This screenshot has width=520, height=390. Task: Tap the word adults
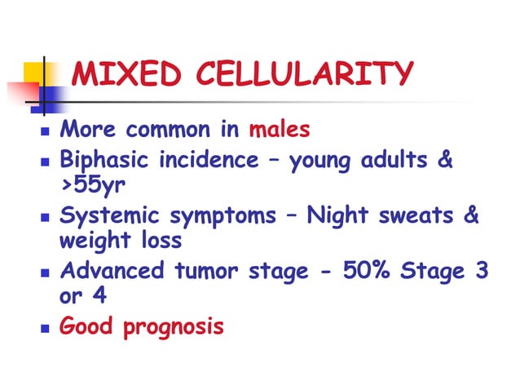click(x=397, y=159)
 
